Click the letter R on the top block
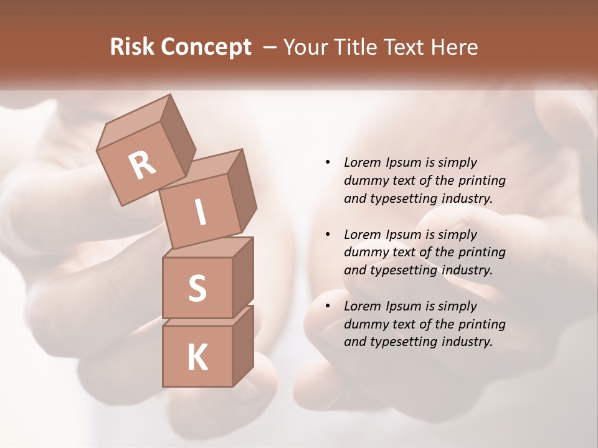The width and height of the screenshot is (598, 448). [x=142, y=165]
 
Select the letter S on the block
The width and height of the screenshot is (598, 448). [x=197, y=288]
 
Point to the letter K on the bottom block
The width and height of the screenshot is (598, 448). [x=197, y=358]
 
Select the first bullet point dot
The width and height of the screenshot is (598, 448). [x=328, y=162]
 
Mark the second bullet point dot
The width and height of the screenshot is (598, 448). [x=328, y=235]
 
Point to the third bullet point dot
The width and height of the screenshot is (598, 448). [x=328, y=306]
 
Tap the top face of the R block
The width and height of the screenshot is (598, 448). [x=135, y=123]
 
